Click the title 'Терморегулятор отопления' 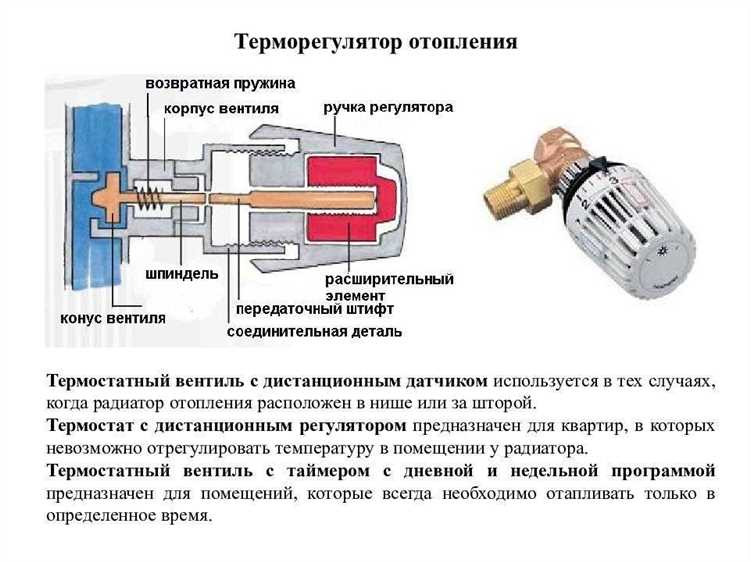tap(375, 42)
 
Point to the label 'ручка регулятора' tap(388, 106)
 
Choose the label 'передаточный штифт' tap(319, 309)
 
